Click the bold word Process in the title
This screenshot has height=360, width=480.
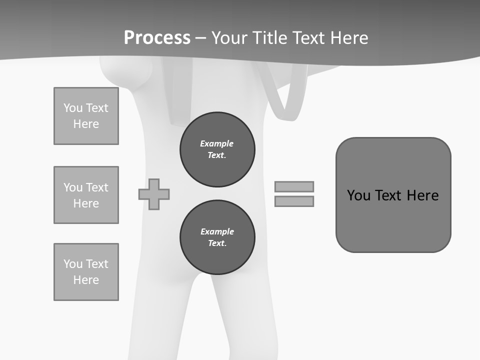point(157,38)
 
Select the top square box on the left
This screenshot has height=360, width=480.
point(86,116)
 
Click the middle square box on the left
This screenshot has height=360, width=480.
point(86,195)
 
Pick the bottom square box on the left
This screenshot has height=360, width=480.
point(86,272)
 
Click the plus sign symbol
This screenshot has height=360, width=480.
point(154,194)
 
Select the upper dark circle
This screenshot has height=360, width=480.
point(217,149)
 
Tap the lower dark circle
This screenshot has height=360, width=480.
point(217,237)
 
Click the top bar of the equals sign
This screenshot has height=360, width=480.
point(294,186)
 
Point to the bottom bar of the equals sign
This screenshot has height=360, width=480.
point(294,201)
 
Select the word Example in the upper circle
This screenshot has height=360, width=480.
point(216,143)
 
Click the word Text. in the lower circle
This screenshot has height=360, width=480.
point(217,243)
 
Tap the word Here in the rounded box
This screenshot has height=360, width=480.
point(422,195)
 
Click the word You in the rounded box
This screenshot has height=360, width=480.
point(358,195)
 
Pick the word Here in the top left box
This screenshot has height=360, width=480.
point(86,124)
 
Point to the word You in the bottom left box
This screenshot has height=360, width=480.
point(73,264)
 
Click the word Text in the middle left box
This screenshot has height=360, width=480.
point(96,187)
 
